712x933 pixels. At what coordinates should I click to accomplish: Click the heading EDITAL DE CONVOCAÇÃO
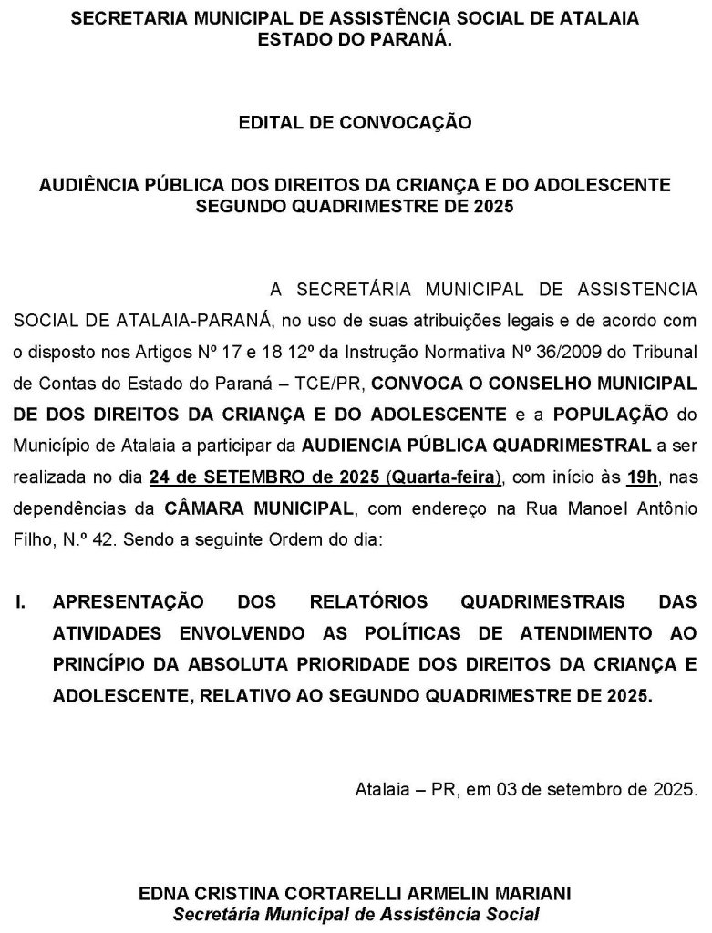coord(355,121)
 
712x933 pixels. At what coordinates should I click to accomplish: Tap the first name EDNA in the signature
coord(160,894)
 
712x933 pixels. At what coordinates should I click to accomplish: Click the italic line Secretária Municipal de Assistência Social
coord(355,913)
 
